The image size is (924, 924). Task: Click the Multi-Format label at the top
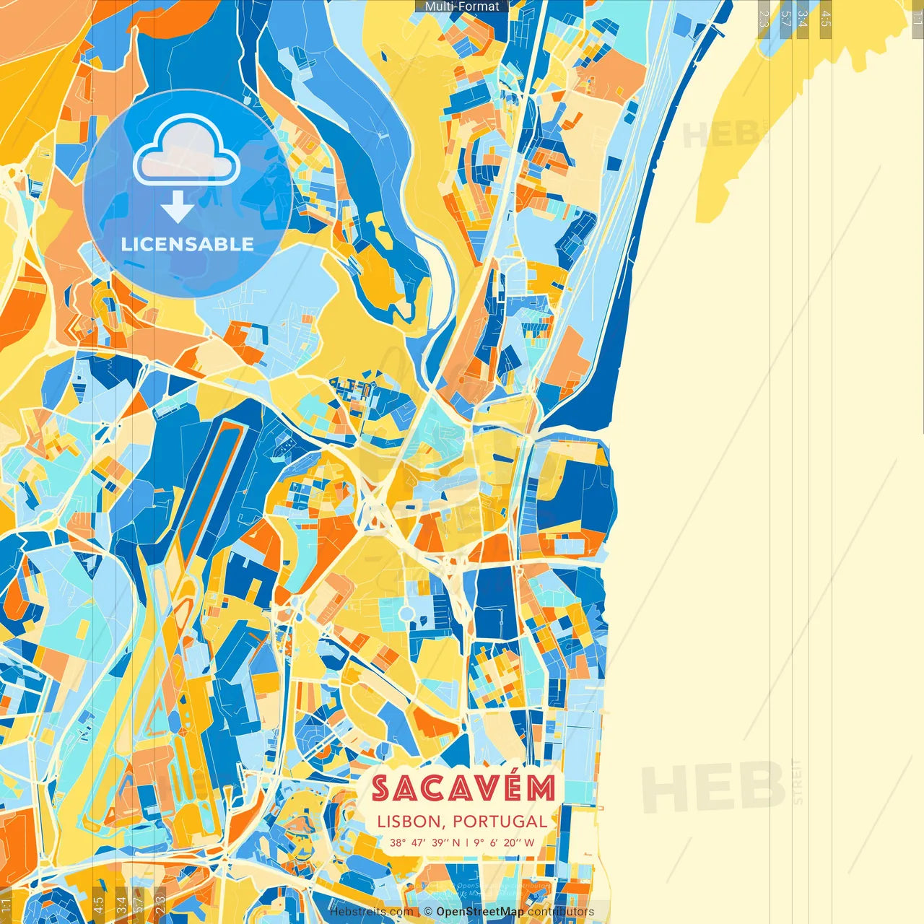click(x=462, y=6)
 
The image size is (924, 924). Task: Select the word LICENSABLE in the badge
click(x=188, y=244)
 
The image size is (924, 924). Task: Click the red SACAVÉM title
click(x=463, y=789)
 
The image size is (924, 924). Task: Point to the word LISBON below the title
click(x=409, y=821)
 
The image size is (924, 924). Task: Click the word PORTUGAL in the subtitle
click(x=500, y=821)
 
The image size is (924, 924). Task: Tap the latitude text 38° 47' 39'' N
click(x=424, y=842)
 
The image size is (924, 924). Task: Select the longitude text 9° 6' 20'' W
click(x=505, y=842)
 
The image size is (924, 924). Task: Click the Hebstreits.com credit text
click(x=371, y=912)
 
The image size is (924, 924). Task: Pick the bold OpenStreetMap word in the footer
click(x=480, y=912)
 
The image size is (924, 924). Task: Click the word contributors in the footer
click(x=561, y=912)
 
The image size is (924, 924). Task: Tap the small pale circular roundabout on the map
click(x=407, y=613)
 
